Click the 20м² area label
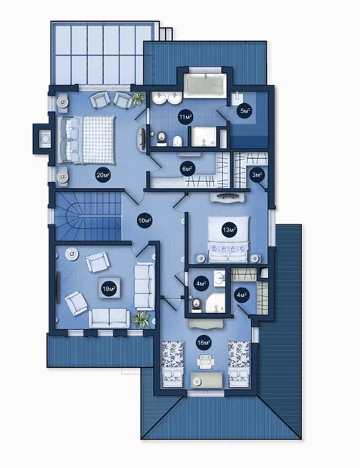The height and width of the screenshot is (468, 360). click(103, 175)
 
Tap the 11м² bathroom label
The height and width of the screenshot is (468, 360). click(185, 117)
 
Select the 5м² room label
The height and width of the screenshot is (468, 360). click(245, 111)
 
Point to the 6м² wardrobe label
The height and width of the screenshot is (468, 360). click(187, 169)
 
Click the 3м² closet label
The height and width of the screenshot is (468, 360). click(258, 175)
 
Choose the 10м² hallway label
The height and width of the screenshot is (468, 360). click(145, 221)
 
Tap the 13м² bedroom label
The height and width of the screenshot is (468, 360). click(230, 230)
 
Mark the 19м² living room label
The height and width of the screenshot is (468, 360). click(109, 289)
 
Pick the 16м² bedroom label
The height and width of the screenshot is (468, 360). click(204, 342)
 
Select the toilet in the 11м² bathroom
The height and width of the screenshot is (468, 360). click(161, 138)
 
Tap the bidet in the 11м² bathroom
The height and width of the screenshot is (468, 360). click(178, 140)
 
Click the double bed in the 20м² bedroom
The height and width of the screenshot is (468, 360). click(86, 140)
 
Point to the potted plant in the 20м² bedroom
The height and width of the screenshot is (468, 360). click(139, 98)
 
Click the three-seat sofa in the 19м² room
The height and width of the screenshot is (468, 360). click(145, 287)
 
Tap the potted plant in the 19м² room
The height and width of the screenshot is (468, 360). click(141, 320)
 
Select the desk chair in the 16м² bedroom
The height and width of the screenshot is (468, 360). click(206, 361)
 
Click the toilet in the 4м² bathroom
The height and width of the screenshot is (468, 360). click(196, 305)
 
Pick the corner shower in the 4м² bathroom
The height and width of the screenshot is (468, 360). click(216, 303)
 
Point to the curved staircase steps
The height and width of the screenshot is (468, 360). click(88, 216)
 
